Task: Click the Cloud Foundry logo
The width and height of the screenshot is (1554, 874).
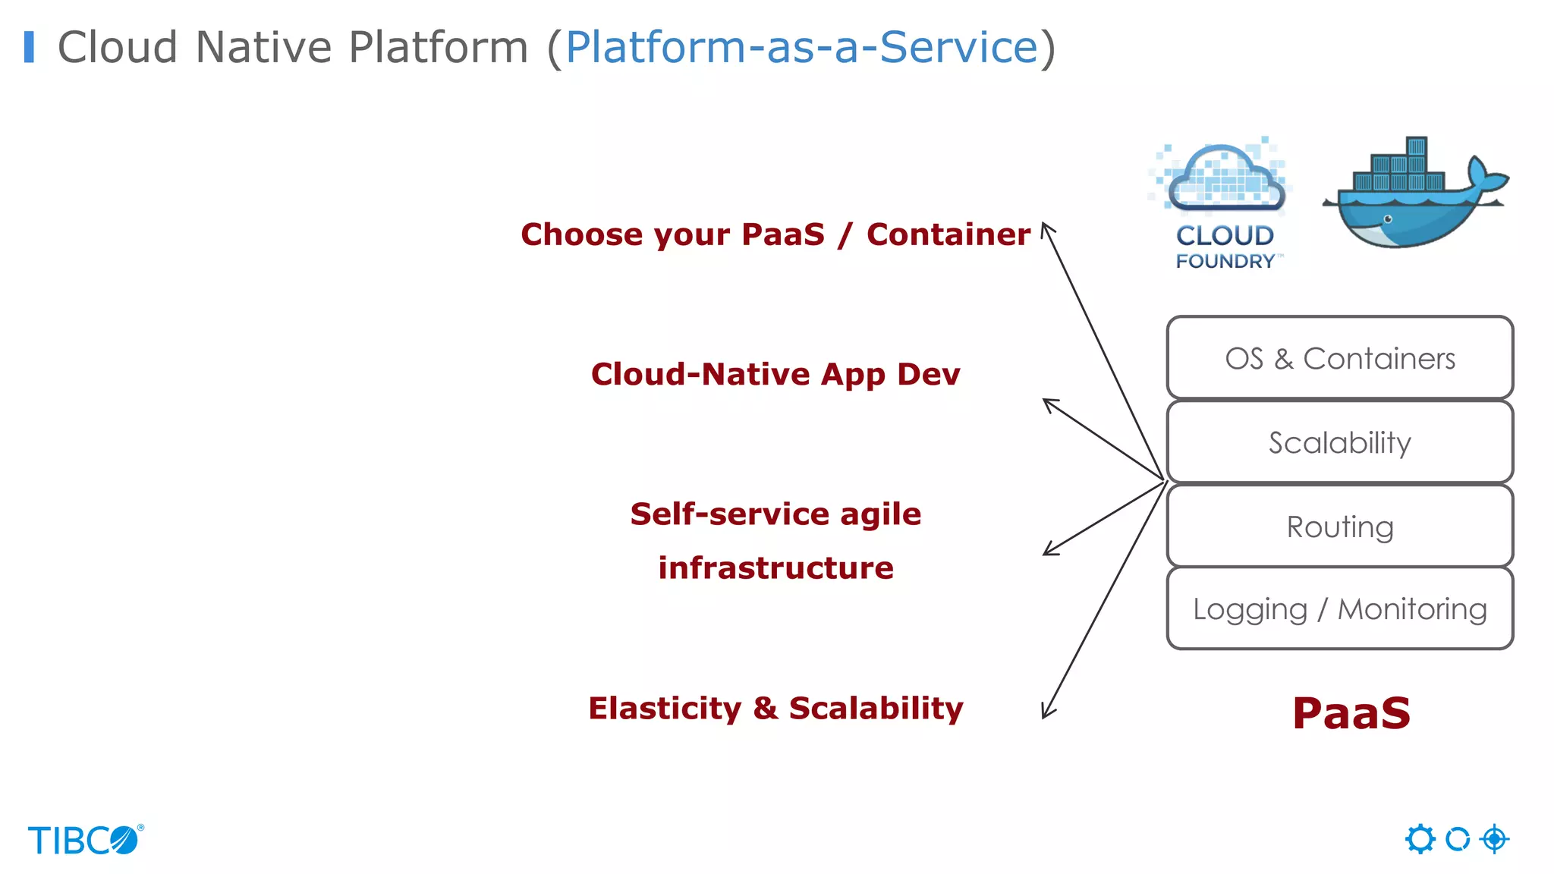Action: [x=1223, y=203]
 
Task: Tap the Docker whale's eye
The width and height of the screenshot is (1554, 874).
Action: [x=1388, y=219]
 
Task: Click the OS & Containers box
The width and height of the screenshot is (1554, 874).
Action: [x=1340, y=358]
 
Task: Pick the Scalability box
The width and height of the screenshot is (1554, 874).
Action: [x=1340, y=442]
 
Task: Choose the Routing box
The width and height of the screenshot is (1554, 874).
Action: [x=1340, y=527]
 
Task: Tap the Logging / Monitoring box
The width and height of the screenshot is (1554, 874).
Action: [x=1340, y=608]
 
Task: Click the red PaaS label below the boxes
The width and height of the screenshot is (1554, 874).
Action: [x=1351, y=713]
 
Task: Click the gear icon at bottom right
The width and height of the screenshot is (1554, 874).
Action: [x=1420, y=839]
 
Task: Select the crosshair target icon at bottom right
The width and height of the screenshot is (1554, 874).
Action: [x=1494, y=839]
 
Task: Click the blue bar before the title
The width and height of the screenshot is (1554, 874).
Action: [x=30, y=47]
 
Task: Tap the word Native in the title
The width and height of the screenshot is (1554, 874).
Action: [x=263, y=47]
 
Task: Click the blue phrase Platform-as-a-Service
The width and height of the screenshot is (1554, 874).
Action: [x=801, y=47]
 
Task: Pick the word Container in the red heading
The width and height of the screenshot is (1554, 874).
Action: [x=948, y=234]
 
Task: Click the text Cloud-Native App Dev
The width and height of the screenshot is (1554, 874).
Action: [x=775, y=374]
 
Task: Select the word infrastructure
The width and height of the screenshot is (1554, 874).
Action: [x=775, y=567]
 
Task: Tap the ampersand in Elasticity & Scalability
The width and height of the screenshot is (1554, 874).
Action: [x=765, y=708]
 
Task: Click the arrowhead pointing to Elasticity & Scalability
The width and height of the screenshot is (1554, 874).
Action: [x=1046, y=712]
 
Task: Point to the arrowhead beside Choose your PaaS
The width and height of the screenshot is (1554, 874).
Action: [x=1046, y=228]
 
